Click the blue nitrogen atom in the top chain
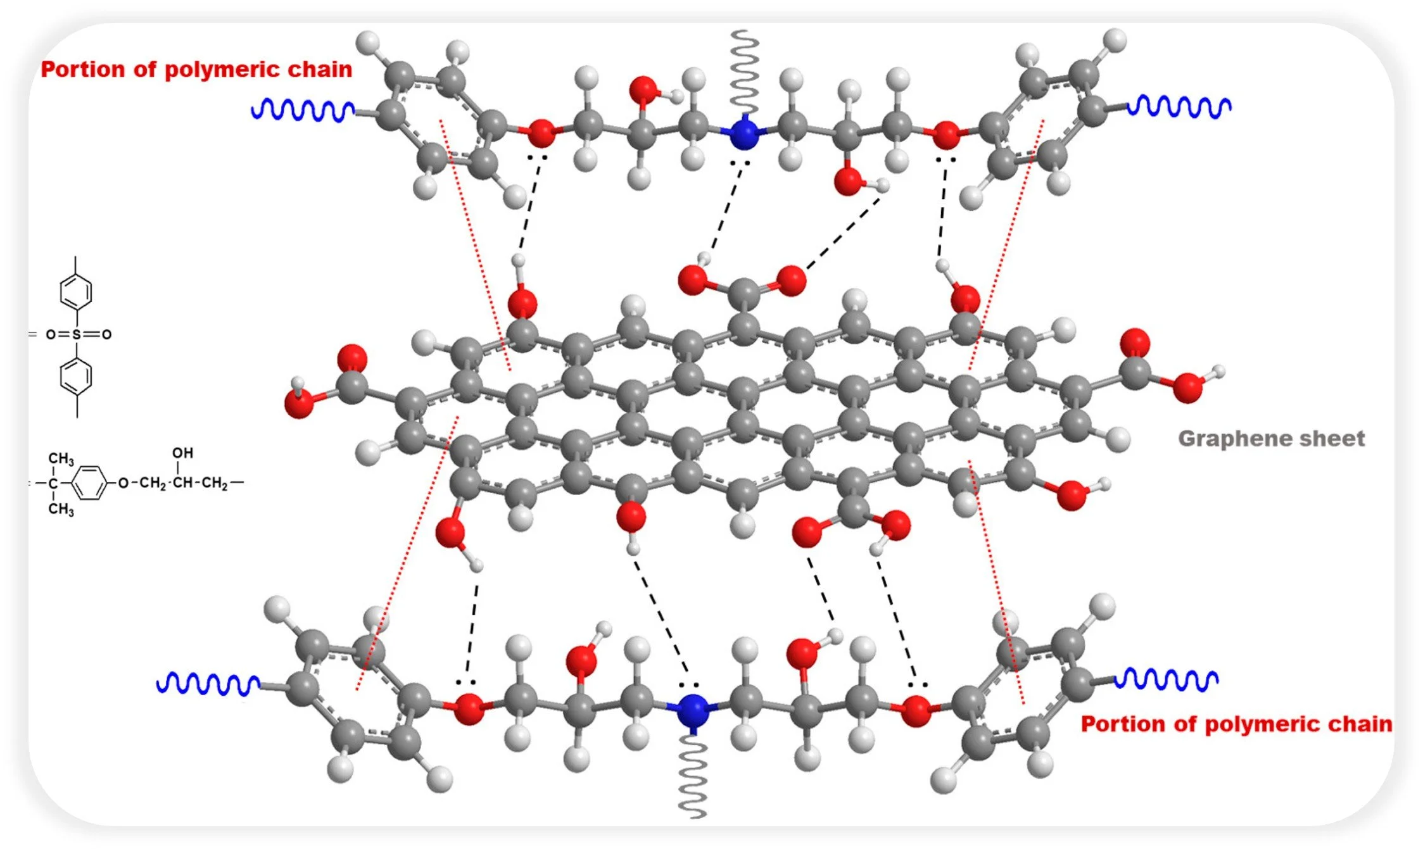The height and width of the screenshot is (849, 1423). pos(743,134)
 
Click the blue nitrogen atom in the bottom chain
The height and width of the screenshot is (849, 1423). pos(692,710)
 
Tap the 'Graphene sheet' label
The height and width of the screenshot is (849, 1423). pos(1271,438)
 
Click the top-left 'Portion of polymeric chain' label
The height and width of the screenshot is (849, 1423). pos(196,69)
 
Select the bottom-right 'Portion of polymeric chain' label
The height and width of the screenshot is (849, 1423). pos(1236,724)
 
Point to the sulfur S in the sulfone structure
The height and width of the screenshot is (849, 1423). pos(77,334)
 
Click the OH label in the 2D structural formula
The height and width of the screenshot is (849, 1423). pos(182,453)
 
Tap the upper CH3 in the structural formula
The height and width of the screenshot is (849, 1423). pos(61,458)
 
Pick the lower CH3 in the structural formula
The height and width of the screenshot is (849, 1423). pos(61,509)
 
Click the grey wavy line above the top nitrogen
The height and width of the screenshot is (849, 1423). pos(745,70)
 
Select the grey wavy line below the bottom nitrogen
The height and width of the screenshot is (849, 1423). pos(693,776)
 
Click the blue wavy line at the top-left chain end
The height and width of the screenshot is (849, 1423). pos(303,110)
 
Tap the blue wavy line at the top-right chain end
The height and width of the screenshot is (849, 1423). pos(1179,106)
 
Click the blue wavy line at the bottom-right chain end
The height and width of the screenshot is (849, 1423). pos(1166,679)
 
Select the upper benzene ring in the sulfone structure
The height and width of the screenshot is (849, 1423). pos(76,292)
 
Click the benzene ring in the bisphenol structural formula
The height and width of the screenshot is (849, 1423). pos(89,483)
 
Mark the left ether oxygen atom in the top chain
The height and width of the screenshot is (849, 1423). pos(541,133)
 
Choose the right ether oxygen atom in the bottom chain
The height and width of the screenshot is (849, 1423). pos(916,710)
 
